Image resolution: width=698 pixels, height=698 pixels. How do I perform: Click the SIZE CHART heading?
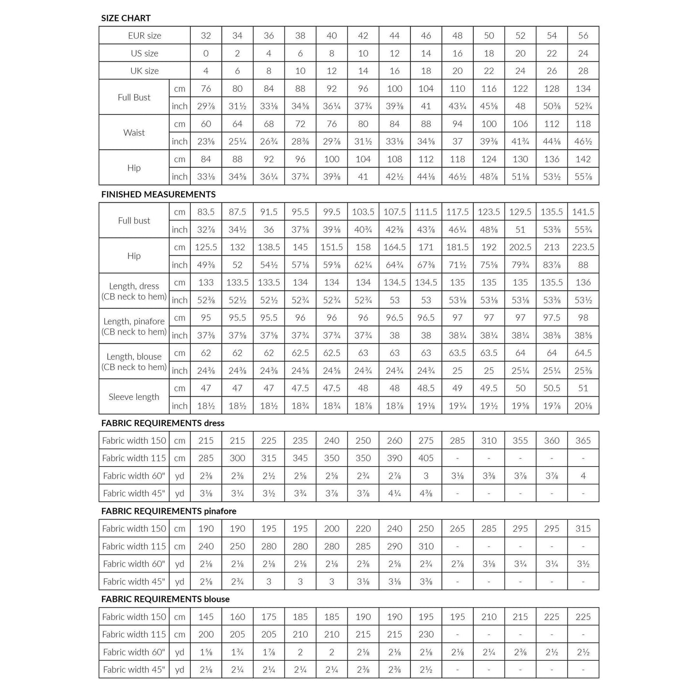(x=126, y=18)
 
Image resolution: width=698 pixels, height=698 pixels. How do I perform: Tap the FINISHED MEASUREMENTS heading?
(x=158, y=195)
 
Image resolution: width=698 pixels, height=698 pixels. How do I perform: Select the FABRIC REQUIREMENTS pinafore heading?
(x=168, y=511)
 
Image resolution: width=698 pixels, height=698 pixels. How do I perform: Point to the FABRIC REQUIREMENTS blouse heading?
(x=165, y=599)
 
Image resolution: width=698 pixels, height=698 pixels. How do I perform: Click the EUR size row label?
(x=144, y=36)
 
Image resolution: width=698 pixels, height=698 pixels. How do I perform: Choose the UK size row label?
(x=144, y=71)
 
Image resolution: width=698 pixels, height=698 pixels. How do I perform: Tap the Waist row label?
(x=134, y=132)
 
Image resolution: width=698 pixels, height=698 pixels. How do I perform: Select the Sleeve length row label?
(x=134, y=397)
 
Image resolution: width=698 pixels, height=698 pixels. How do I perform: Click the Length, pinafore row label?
(x=134, y=327)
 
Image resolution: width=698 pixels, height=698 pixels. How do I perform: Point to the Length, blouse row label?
(x=134, y=362)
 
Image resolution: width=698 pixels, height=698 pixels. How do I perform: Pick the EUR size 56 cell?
(x=583, y=36)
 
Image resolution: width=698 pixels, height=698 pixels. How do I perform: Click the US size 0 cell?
(x=206, y=54)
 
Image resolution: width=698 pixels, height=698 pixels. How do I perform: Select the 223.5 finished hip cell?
(x=583, y=247)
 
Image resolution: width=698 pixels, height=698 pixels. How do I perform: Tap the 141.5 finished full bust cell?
(x=583, y=212)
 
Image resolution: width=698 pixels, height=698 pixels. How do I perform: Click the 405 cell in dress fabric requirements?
(x=426, y=458)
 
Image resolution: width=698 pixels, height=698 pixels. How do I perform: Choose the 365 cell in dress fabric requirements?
(x=583, y=441)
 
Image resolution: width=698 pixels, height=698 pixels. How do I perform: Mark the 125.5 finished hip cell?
(x=206, y=247)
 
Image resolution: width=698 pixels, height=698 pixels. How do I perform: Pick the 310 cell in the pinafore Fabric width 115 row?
(x=426, y=546)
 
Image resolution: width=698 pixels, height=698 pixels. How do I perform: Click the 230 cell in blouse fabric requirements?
(x=426, y=635)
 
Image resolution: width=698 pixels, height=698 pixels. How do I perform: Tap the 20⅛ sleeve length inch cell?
(x=583, y=406)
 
